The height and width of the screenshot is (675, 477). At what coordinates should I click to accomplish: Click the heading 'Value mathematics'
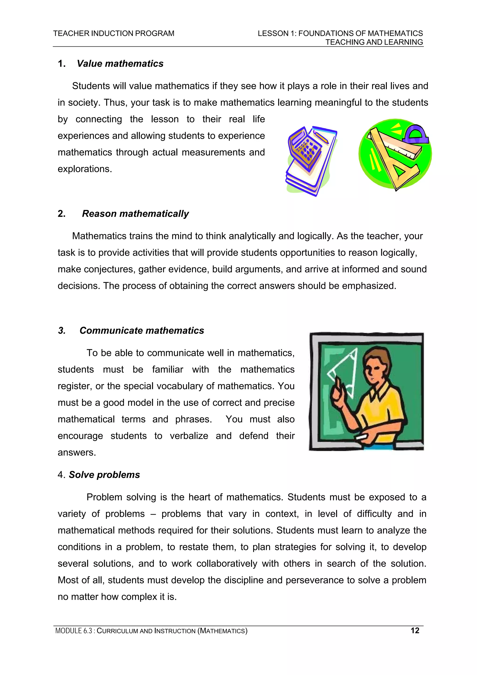click(x=120, y=64)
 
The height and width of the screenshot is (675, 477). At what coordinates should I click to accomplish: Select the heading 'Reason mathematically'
click(x=135, y=213)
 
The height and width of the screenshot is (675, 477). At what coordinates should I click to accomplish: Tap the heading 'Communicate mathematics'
click(x=142, y=330)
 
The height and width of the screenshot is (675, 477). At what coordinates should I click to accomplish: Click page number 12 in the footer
click(x=415, y=630)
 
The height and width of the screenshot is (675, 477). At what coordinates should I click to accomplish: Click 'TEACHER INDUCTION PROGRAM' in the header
click(x=114, y=34)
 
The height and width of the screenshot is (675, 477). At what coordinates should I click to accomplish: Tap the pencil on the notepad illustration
click(x=321, y=137)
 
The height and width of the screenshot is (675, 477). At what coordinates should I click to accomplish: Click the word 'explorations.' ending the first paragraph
click(x=85, y=169)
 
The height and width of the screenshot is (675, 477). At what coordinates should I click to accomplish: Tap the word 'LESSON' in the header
click(x=273, y=34)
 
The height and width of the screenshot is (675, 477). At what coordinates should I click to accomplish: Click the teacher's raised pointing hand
click(x=338, y=394)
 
